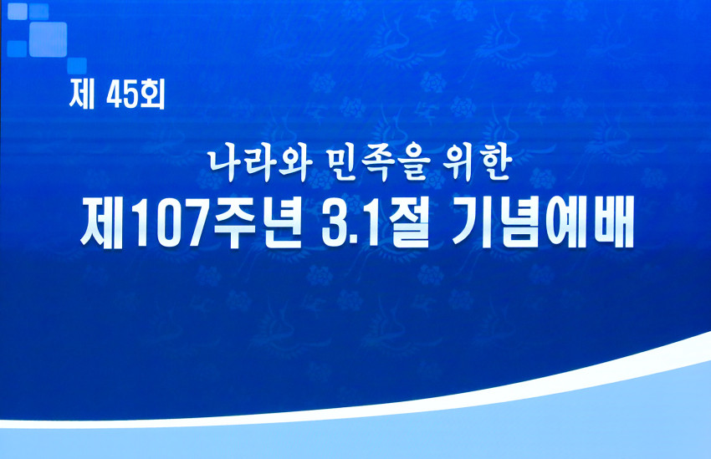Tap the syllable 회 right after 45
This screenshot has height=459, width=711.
(153, 96)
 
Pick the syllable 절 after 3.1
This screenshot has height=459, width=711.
(405, 222)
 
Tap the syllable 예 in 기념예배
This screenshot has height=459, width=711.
(566, 222)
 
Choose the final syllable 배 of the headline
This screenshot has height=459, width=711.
(612, 222)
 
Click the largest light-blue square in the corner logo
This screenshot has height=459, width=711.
(48, 38)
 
